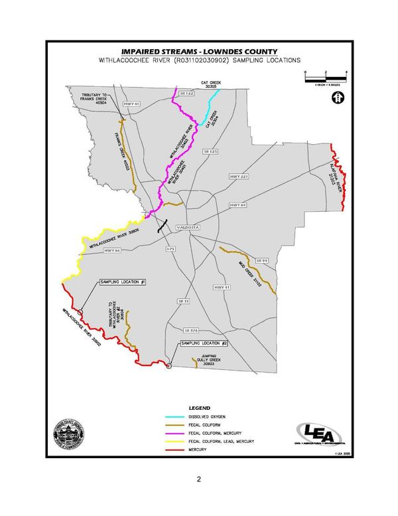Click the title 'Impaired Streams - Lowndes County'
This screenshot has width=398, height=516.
(x=199, y=51)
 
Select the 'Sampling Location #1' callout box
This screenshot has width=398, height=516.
(x=123, y=282)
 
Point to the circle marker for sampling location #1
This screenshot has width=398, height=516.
(x=80, y=311)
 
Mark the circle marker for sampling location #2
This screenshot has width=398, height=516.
(x=169, y=365)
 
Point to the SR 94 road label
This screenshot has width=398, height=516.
(x=261, y=261)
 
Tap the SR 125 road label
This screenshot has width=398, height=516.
(x=210, y=152)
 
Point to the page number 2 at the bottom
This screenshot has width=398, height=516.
(x=198, y=479)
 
